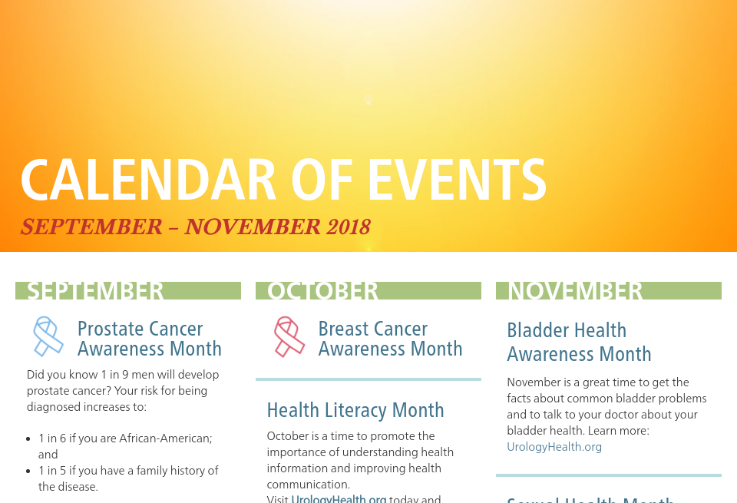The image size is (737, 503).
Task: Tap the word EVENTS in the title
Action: (457, 180)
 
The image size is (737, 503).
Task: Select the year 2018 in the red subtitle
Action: (348, 227)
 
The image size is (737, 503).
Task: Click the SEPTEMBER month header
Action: (96, 291)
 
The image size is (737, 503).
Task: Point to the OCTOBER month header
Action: (322, 291)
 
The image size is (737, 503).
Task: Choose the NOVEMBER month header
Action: (576, 291)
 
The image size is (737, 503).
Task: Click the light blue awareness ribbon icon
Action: (48, 336)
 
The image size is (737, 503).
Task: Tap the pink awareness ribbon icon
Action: (289, 336)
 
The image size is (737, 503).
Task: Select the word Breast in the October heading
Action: (346, 329)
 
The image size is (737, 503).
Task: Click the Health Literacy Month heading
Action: (355, 410)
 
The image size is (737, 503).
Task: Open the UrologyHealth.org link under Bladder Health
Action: (554, 446)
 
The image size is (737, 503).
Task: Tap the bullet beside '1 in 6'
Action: (30, 438)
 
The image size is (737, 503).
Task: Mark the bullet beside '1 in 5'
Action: (30, 471)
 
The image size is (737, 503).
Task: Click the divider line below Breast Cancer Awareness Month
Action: (368, 379)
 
